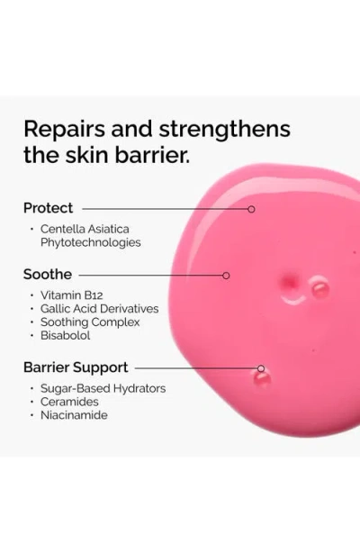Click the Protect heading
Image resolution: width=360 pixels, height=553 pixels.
pos(49,208)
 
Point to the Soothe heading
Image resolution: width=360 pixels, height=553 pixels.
pos(48,274)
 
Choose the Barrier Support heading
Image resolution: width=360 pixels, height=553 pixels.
pos(76,367)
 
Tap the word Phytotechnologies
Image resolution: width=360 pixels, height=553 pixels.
pos(91,242)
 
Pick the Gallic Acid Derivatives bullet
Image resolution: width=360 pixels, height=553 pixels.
pos(99,308)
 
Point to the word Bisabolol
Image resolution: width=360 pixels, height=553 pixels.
pos(66,335)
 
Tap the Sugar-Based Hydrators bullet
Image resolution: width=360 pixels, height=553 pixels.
pos(103,388)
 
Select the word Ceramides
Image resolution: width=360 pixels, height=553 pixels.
pos(70,402)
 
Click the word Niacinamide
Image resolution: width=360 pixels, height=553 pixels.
pos(75,415)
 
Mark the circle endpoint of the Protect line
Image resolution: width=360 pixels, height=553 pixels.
pos(251,209)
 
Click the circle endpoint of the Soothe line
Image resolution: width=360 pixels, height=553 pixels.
pos(226,275)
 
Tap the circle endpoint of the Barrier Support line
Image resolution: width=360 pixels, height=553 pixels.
pos(261,368)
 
